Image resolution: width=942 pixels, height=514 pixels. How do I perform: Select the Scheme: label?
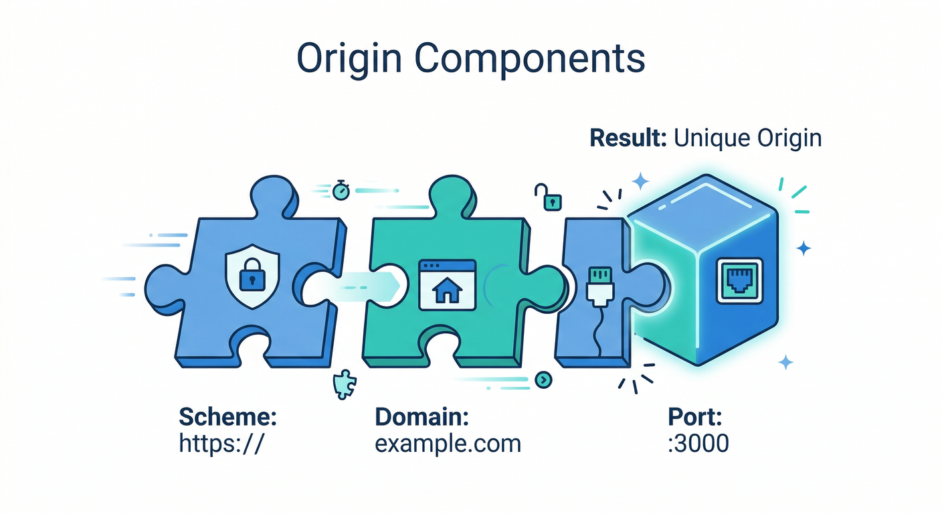point(227,418)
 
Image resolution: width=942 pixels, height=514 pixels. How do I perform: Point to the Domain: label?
point(421,418)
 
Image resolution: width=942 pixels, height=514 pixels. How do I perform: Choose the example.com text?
point(448,443)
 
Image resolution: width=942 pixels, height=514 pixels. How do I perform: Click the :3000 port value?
point(698,443)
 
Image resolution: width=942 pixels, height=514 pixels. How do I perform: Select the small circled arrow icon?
point(544,379)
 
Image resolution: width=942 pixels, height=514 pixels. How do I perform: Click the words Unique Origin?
point(747,139)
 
